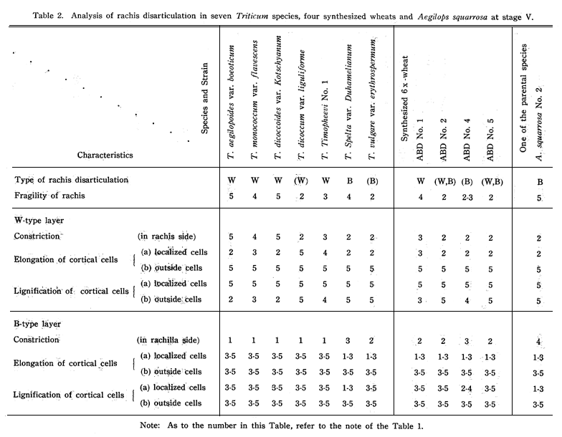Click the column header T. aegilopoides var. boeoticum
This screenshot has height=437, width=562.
[x=232, y=102]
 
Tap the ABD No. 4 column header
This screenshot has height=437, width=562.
[x=467, y=140]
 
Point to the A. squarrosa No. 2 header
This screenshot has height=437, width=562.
[x=539, y=123]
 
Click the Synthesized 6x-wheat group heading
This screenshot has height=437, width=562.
[x=404, y=98]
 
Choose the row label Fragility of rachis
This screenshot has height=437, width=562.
[x=50, y=196]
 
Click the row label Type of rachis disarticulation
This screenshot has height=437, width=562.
[x=72, y=180]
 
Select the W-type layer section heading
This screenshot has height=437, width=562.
[x=39, y=221]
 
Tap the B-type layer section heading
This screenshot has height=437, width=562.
[x=37, y=324]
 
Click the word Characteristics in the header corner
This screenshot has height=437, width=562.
[x=105, y=155]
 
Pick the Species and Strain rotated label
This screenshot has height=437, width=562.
[x=205, y=99]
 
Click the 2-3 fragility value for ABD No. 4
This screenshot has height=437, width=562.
[x=467, y=198]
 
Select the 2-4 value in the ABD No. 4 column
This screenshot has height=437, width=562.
[x=466, y=388]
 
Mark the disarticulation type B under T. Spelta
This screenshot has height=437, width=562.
[x=350, y=181]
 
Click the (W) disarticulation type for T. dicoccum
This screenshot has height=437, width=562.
[x=301, y=181]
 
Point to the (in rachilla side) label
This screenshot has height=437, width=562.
[x=168, y=340]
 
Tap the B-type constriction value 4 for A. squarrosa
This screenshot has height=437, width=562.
[x=538, y=342]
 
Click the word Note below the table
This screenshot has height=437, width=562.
[x=149, y=426]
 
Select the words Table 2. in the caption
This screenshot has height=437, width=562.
[x=48, y=16]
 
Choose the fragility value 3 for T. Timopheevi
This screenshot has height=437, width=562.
[x=325, y=196]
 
